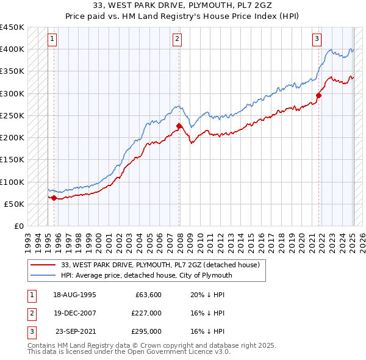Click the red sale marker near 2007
coord(179,126)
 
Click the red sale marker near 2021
coord(319,95)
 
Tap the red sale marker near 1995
coord(54,198)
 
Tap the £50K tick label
coord(14,204)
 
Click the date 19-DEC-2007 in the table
coord(75,313)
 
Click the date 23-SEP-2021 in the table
coord(76,331)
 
